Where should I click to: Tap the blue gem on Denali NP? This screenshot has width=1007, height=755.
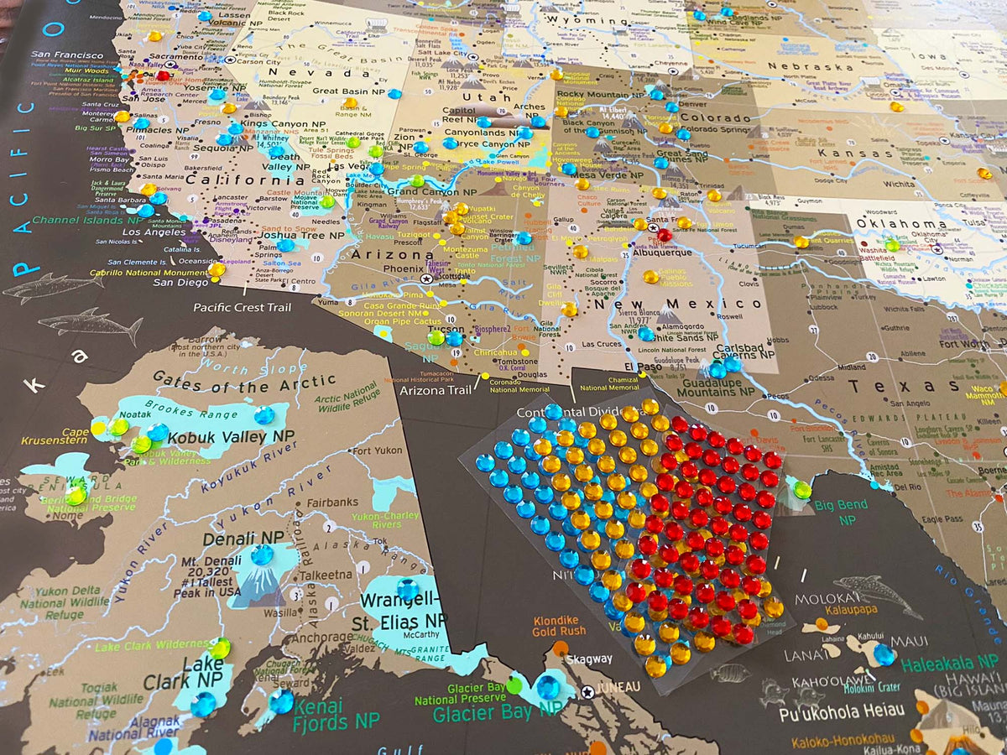262,555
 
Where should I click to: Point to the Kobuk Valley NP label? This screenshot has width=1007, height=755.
230,437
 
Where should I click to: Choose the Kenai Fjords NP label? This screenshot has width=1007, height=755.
336,713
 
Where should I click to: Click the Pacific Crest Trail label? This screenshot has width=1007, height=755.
243,307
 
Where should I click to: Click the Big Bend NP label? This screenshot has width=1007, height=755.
841,513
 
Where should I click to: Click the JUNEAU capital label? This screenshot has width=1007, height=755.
617,690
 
